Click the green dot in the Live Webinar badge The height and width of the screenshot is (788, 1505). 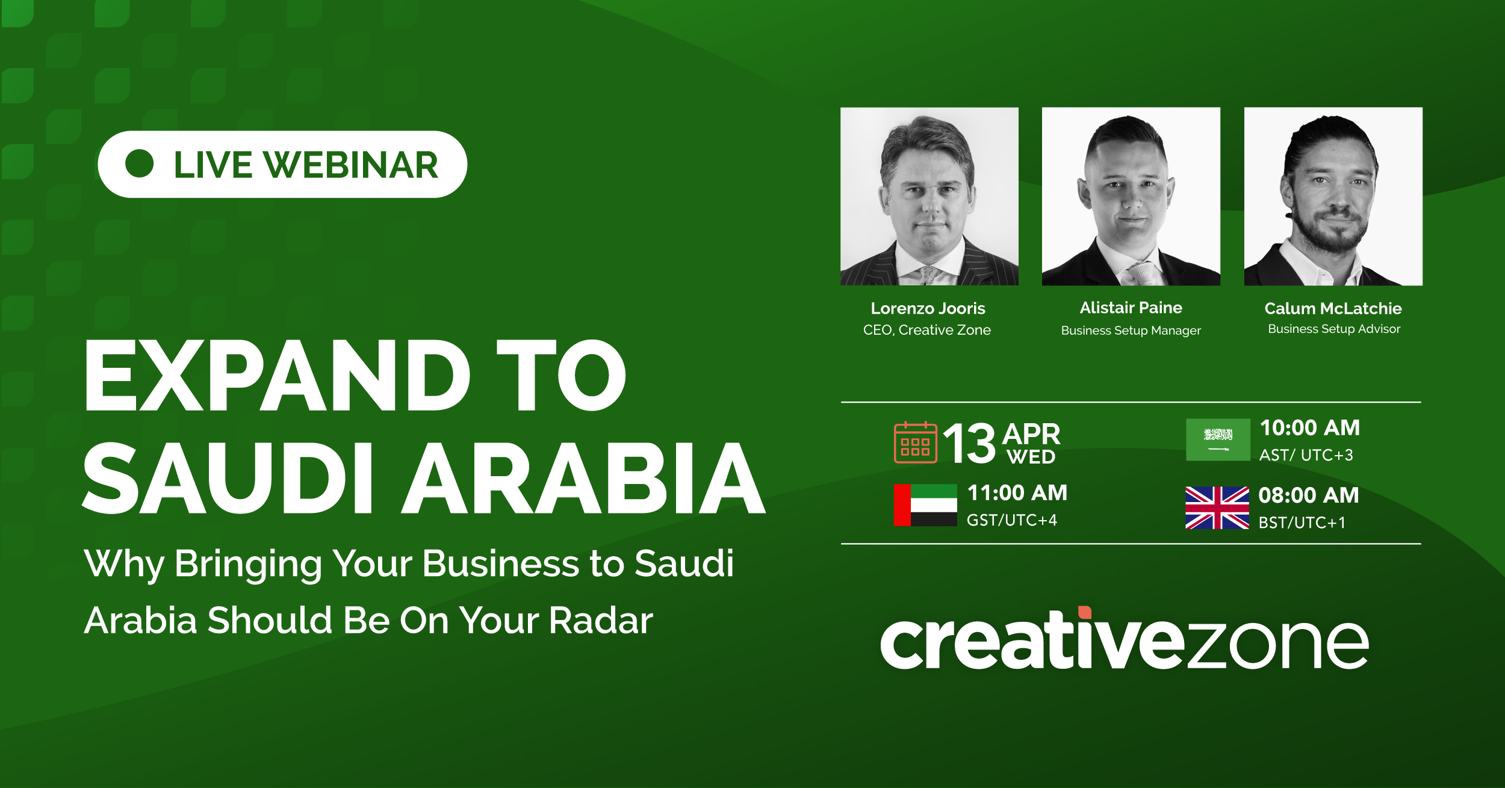click(140, 164)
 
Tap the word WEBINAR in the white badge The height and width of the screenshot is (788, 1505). click(351, 165)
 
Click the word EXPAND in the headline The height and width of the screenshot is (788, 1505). click(278, 376)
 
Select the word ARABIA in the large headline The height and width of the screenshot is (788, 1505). click(583, 478)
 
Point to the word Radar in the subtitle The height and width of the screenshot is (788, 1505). click(600, 620)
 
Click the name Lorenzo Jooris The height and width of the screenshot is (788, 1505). click(928, 309)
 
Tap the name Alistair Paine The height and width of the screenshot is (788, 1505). click(1131, 308)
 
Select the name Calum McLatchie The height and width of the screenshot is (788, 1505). click(1333, 309)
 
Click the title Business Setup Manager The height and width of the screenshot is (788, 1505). click(1131, 330)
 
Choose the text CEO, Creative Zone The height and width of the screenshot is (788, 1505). click(926, 330)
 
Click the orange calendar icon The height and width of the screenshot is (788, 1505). click(916, 442)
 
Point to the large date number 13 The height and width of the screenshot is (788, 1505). click(969, 443)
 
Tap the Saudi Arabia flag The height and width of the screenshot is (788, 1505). click(1218, 440)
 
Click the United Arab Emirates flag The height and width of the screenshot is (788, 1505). click(925, 505)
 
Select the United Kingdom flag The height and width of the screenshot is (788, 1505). click(1217, 508)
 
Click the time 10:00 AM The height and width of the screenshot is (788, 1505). click(1310, 428)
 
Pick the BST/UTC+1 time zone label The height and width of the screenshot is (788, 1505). click(1302, 523)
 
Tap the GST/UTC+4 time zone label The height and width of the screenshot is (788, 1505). click(1011, 520)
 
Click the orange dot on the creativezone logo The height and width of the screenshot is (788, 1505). click(1085, 612)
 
